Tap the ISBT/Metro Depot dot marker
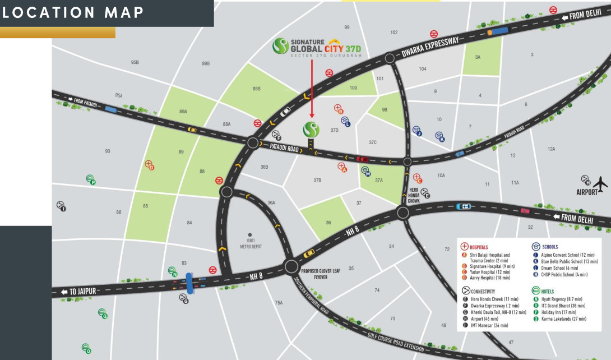[x=250, y=235]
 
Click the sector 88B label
[x=257, y=89]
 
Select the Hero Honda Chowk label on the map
[x=414, y=195]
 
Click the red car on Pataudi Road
[x=363, y=159]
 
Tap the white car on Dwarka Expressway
[x=286, y=111]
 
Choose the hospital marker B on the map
[x=338, y=108]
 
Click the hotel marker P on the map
[x=91, y=179]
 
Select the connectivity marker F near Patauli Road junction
[x=276, y=135]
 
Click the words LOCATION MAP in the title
[x=73, y=12]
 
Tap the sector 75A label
[x=279, y=303]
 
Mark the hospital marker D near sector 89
[x=150, y=165]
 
